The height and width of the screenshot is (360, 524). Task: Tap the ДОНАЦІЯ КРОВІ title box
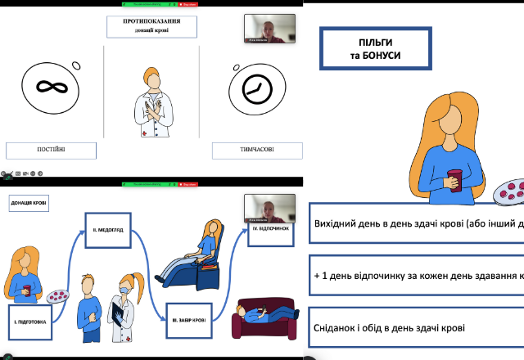(x=29, y=202)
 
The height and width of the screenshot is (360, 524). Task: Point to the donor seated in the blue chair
(x=195, y=258)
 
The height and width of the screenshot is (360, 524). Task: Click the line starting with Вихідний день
(x=416, y=223)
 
